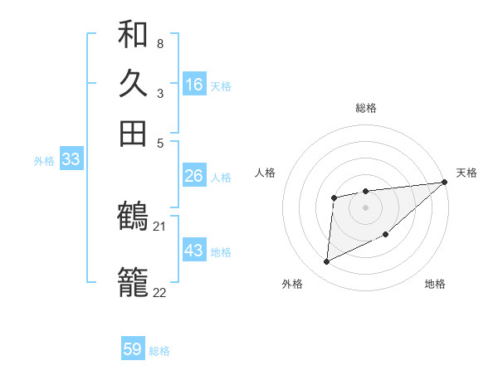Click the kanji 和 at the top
pos(133,34)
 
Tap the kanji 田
pos(133,133)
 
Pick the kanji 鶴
pos(133,217)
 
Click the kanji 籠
pos(133,282)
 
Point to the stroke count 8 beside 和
pos(159,44)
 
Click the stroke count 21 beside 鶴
pos(160,226)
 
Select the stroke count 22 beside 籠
pos(160,292)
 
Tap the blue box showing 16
pos(194,84)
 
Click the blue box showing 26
pos(193,176)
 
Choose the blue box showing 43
pos(193,250)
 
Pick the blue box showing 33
pos(70,159)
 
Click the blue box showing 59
pos(132,349)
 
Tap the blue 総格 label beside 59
pos(159,351)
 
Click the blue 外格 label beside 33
pos(44,161)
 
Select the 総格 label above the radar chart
pos(366,108)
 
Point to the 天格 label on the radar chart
pos(466,173)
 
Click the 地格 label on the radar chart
pos(435,285)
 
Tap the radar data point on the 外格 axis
pos(326,262)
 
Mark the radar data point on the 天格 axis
pos(445,182)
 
